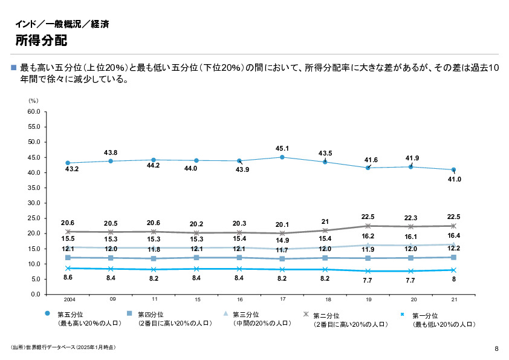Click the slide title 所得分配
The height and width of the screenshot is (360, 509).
pyautogui.click(x=41, y=41)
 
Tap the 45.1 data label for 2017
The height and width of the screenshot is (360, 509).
pyautogui.click(x=282, y=148)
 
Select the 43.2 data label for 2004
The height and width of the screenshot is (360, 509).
pyautogui.click(x=71, y=169)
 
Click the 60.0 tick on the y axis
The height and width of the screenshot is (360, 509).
pyautogui.click(x=33, y=112)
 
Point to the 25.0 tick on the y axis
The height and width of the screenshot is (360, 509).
pyautogui.click(x=33, y=218)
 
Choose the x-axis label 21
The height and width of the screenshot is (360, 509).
pyautogui.click(x=453, y=299)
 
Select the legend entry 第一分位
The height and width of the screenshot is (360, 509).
pyautogui.click(x=424, y=315)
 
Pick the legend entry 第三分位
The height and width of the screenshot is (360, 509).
pyautogui.click(x=246, y=315)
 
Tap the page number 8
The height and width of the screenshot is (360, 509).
pyautogui.click(x=496, y=348)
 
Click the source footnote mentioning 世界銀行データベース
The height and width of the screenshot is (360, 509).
pyautogui.click(x=63, y=348)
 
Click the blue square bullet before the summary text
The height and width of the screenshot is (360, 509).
pyautogui.click(x=14, y=67)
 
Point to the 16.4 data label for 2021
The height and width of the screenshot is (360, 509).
pyautogui.click(x=453, y=236)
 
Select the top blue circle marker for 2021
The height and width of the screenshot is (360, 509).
pyautogui.click(x=453, y=170)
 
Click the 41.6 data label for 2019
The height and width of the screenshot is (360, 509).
pyautogui.click(x=371, y=160)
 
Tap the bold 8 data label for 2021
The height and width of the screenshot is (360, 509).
pyautogui.click(x=453, y=280)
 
